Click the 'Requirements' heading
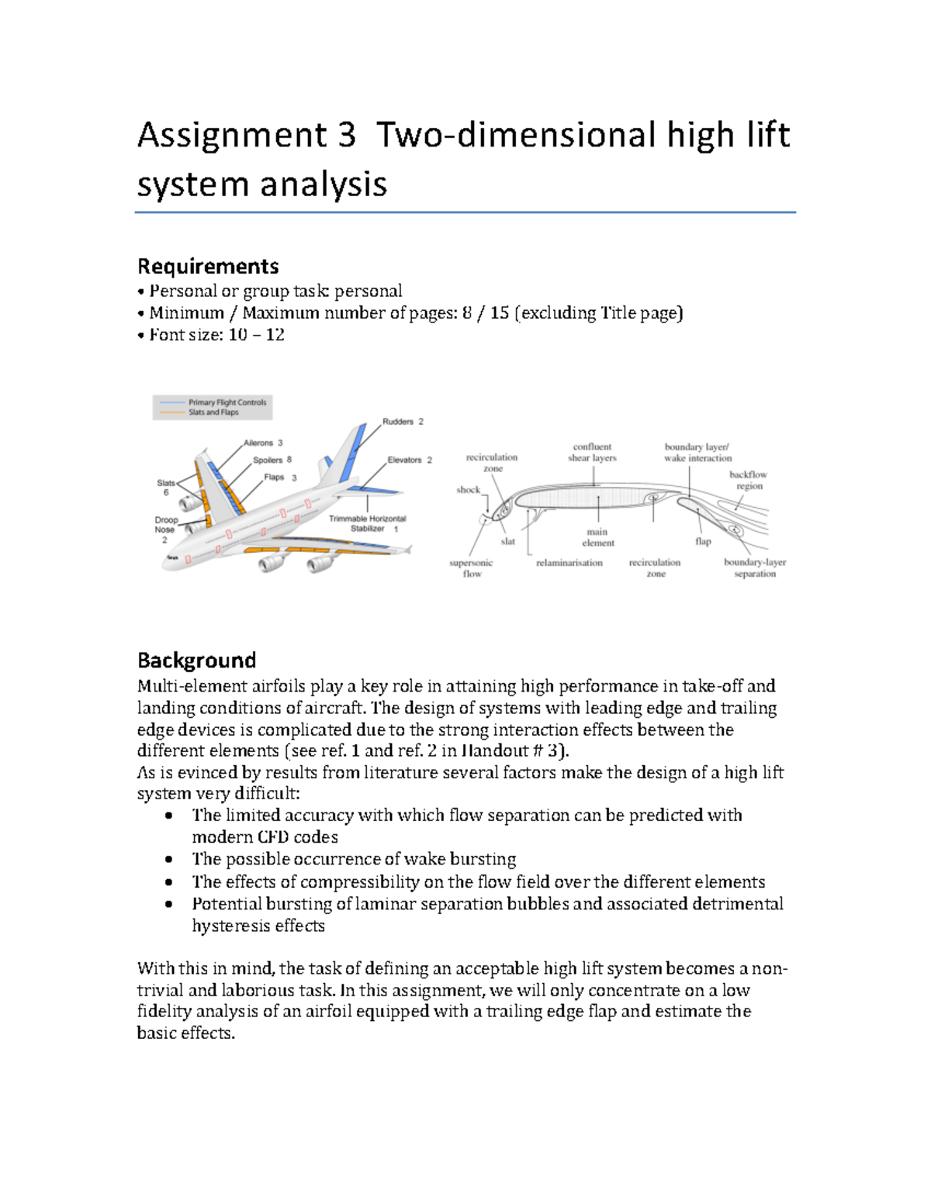click(x=208, y=266)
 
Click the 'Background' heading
click(x=196, y=660)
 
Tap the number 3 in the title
click(x=346, y=135)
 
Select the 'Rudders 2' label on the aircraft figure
click(x=403, y=422)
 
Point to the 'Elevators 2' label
click(x=410, y=460)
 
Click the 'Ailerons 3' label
click(x=263, y=443)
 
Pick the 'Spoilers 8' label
click(x=272, y=460)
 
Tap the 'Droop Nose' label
click(x=165, y=525)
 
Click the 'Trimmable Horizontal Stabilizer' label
click(x=367, y=523)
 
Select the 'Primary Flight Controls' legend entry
click(x=227, y=402)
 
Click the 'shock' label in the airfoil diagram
click(x=468, y=490)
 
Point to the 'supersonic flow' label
click(x=471, y=568)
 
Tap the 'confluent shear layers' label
click(x=592, y=452)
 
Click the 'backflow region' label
click(x=748, y=480)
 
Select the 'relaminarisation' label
click(x=569, y=563)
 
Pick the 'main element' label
click(x=597, y=537)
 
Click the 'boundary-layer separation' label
click(x=754, y=568)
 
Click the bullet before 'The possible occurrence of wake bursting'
click(x=169, y=859)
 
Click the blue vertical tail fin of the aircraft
click(x=353, y=450)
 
